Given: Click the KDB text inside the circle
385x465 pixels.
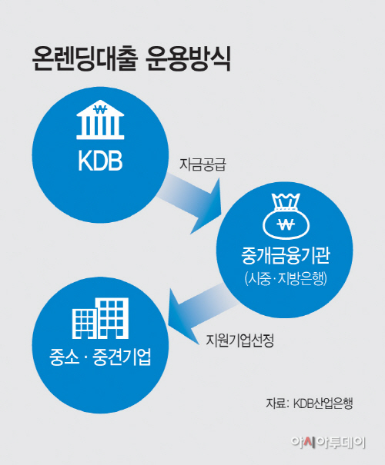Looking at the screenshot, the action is [100, 161].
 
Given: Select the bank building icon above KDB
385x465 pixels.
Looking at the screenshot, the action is [100, 120].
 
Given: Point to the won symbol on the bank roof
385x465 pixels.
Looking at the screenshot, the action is [100, 110].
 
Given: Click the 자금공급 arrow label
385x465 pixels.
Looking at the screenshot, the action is [203, 164].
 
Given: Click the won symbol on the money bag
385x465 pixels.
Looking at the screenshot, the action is [286, 224].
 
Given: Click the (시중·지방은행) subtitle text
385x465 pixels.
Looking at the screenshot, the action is [286, 279].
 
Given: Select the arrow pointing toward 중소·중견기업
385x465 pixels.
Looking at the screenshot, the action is [201, 314].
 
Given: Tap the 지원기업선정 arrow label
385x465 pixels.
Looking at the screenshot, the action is [239, 340].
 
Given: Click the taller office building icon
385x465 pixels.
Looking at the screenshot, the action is [112, 318].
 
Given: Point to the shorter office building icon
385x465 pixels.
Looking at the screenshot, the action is [85, 324].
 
